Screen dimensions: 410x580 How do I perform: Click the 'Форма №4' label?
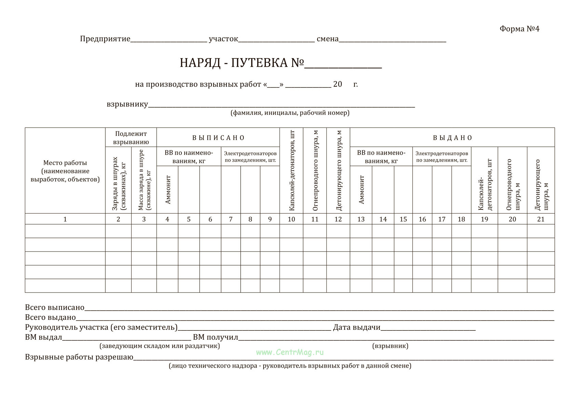click(x=519, y=29)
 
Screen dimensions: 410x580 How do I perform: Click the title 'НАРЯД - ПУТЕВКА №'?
click(x=242, y=63)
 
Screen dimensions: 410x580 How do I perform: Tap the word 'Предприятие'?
click(x=105, y=39)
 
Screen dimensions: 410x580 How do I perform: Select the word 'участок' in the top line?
click(x=223, y=39)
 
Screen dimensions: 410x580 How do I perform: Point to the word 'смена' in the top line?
click(x=327, y=39)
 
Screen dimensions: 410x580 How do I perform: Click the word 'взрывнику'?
click(x=127, y=104)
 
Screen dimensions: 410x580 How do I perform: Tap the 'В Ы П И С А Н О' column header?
click(x=218, y=138)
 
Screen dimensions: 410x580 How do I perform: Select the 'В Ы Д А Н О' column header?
click(x=452, y=138)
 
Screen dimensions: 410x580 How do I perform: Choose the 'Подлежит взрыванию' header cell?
click(x=131, y=138)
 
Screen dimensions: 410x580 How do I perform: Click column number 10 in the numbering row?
click(x=291, y=219)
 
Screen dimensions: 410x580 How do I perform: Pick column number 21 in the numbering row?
click(x=540, y=219)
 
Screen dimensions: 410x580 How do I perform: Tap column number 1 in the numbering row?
click(x=65, y=219)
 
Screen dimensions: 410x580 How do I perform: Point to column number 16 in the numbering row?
click(x=422, y=219)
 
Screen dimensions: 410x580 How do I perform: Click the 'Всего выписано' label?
click(x=55, y=307)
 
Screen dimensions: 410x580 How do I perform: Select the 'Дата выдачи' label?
click(x=356, y=327)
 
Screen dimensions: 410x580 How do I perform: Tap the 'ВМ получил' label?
click(x=215, y=337)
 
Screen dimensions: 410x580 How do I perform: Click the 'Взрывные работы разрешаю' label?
click(x=79, y=357)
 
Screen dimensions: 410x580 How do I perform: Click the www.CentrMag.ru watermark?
click(x=290, y=352)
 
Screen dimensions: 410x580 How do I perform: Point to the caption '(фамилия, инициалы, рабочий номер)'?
click(x=290, y=113)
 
